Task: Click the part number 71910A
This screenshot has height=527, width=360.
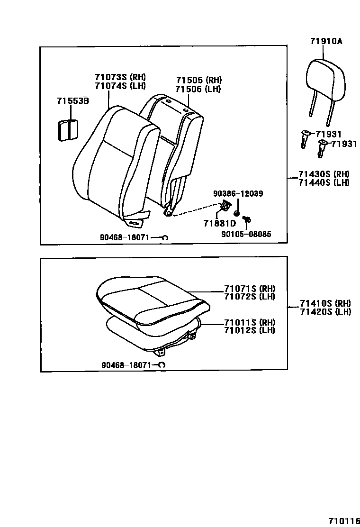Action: (326, 41)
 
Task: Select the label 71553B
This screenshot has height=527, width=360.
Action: (73, 100)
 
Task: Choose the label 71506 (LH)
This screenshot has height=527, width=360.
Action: (198, 89)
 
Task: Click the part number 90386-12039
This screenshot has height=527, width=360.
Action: (238, 193)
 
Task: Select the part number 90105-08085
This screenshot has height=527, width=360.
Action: (246, 234)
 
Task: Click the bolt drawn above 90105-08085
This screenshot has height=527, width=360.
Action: (247, 219)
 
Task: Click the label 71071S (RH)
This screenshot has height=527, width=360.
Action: (250, 289)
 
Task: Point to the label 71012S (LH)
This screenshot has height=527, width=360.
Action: (250, 330)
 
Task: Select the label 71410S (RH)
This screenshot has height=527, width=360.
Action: (325, 303)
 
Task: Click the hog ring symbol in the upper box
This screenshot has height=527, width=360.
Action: (165, 237)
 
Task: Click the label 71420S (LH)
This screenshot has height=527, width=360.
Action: (325, 311)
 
